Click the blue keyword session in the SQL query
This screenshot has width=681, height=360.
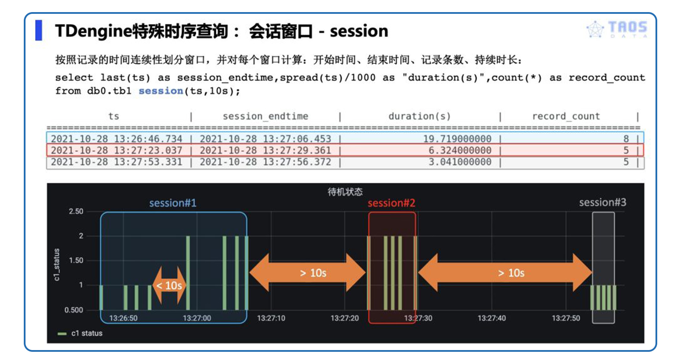[160, 91]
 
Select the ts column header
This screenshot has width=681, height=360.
[114, 116]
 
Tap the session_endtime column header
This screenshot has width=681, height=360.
[265, 116]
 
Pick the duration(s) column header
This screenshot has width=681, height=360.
[419, 116]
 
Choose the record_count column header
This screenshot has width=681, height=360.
[566, 116]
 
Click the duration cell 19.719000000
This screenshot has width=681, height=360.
[457, 139]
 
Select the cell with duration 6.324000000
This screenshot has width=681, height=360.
[460, 150]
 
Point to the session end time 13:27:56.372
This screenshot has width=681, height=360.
[265, 162]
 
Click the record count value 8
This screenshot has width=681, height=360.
[626, 139]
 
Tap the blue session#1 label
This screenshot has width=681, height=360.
[173, 203]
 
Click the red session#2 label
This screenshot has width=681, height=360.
[391, 203]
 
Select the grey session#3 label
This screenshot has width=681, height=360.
[602, 203]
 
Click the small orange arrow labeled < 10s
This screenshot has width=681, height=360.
[169, 285]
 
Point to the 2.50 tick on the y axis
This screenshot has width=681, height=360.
[76, 211]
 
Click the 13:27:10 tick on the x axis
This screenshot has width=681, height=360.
[271, 318]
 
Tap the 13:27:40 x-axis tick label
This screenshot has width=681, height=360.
[492, 318]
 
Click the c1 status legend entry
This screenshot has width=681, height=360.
[81, 333]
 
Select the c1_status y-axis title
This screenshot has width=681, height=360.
[57, 264]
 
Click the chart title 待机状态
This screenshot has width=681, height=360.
[345, 192]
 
